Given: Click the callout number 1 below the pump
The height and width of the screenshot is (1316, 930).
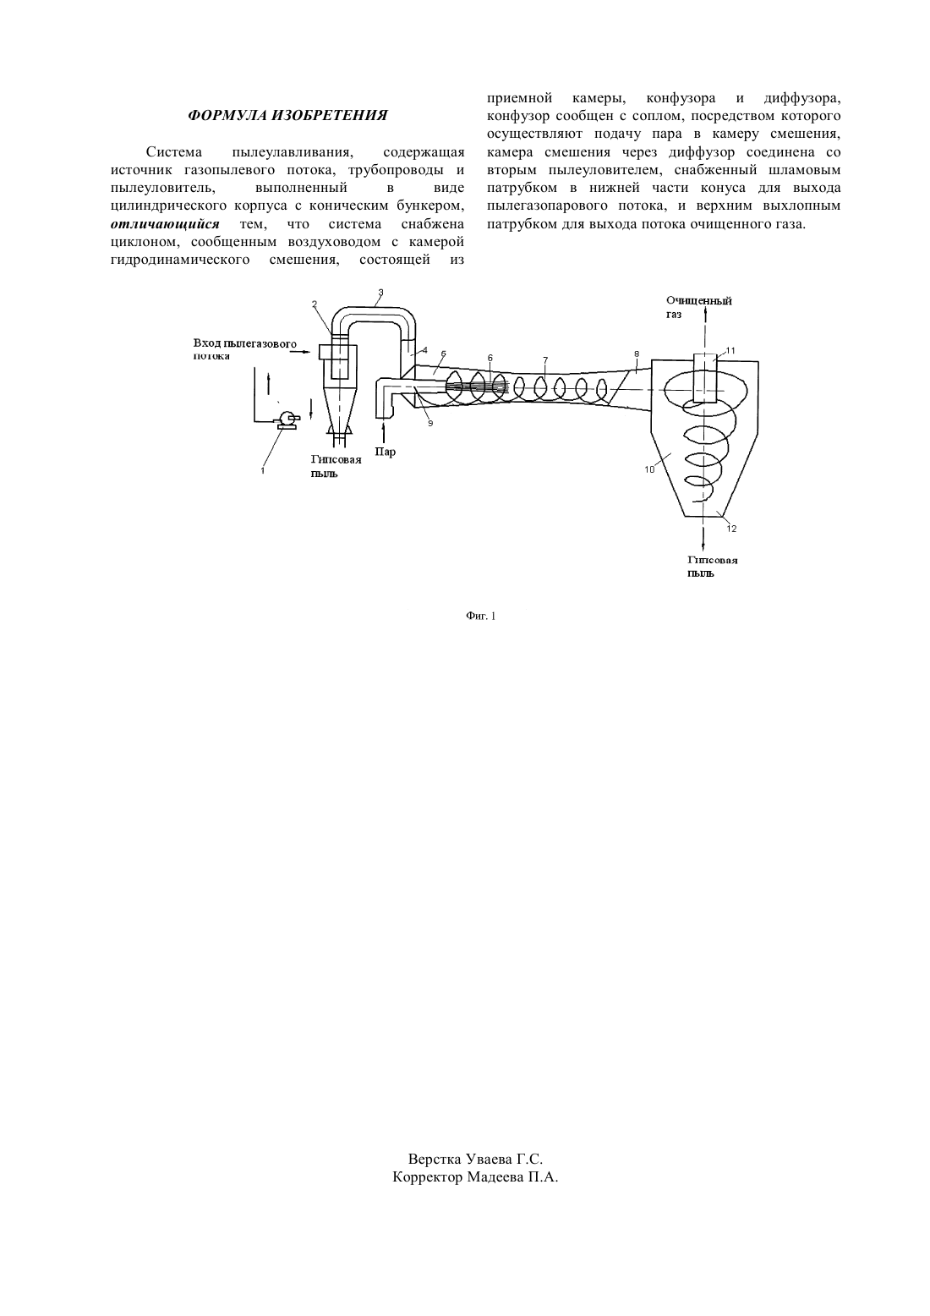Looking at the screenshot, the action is pos(262,470).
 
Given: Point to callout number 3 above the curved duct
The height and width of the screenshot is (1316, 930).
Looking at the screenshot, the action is pos(380,292).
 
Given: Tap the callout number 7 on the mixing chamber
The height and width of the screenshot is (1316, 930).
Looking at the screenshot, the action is pos(545,359).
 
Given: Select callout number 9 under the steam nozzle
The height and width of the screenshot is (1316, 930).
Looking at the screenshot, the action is pos(430,423).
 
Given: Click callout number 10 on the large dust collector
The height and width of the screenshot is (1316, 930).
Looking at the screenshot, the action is pos(649,469).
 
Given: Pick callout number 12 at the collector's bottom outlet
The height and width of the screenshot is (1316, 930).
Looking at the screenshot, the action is pos(731,529).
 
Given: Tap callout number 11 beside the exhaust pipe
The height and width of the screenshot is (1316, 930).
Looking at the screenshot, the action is pos(730,350).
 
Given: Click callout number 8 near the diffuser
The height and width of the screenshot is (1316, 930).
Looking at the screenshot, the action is pos(637,354).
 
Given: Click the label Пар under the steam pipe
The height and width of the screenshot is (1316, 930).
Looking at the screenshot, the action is pos(386,452).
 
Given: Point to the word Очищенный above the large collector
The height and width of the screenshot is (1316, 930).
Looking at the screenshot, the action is pos(698,301).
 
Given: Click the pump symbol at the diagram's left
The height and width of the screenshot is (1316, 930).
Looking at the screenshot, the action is pos(287,419).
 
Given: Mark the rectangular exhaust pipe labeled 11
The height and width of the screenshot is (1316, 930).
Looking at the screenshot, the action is pos(704,378).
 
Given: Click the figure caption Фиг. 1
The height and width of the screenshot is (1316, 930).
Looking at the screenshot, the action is pos(481,617).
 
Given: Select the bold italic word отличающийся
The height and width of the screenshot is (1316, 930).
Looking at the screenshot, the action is pos(165,224).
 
